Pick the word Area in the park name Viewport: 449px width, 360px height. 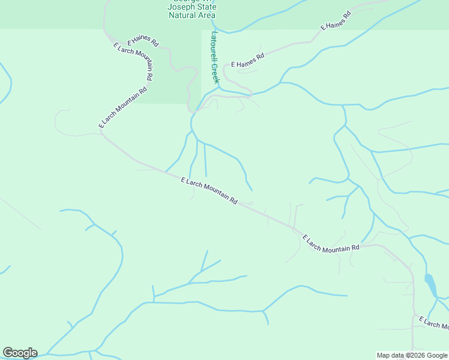point(206,15)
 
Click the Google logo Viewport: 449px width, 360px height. point(20,353)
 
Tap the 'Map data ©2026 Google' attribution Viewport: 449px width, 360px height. point(412,355)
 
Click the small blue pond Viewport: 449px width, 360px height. point(430,285)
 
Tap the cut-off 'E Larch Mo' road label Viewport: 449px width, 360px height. point(433,322)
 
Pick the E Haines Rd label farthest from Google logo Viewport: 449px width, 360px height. point(336,21)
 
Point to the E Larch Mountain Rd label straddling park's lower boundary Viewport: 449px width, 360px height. point(123,107)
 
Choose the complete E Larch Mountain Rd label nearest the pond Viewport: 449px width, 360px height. point(331,242)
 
